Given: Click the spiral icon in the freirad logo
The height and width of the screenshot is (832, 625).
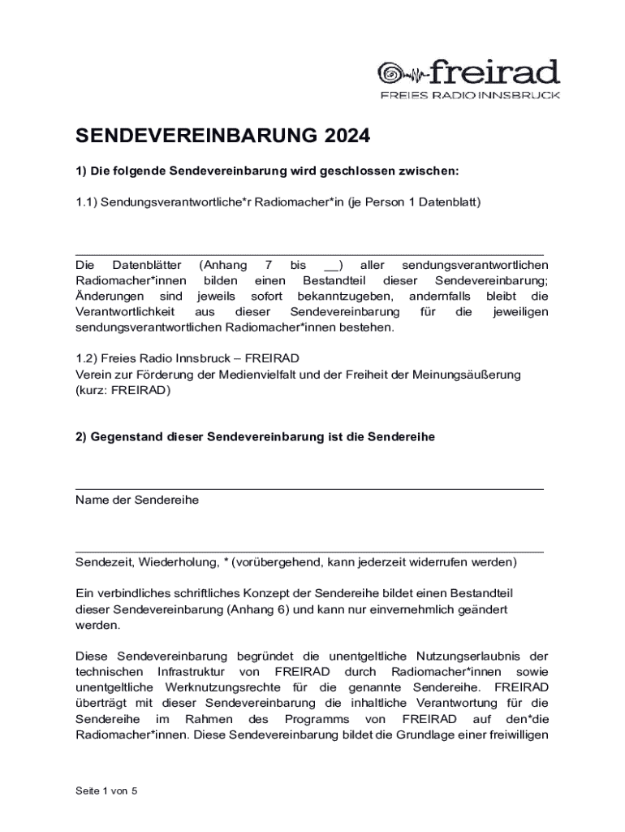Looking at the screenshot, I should (x=393, y=74).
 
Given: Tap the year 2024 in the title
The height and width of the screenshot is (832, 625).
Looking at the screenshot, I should (x=343, y=136).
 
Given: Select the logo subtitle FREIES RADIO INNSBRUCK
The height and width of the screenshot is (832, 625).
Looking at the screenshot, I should (x=470, y=95).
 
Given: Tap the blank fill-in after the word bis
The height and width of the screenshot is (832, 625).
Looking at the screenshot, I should (x=333, y=265).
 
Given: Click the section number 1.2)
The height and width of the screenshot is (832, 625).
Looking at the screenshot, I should (x=87, y=358).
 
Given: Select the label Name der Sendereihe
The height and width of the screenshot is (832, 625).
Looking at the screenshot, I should (x=137, y=500).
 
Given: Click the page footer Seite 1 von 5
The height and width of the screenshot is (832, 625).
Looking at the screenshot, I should (x=106, y=791).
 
